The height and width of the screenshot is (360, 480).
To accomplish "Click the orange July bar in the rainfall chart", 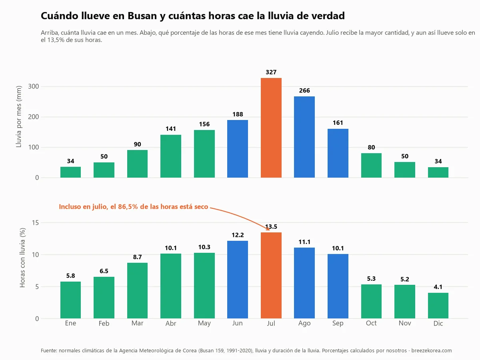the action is tap(271, 128).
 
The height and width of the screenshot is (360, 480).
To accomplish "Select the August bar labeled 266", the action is tap(304, 137).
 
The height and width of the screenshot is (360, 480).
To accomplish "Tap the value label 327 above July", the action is tap(271, 72).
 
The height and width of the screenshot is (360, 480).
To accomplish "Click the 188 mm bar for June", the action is tap(238, 149).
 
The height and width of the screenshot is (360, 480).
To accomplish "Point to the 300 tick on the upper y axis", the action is tap(33, 86).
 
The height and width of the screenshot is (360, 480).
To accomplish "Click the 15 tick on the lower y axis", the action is tap(35, 222).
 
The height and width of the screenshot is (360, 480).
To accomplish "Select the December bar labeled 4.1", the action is tap(438, 306).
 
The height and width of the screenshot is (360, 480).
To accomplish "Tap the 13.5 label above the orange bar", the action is tap(271, 227).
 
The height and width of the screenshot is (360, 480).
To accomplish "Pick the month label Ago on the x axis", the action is tap(304, 323).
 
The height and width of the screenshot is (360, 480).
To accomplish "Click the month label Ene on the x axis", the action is tap(70, 323).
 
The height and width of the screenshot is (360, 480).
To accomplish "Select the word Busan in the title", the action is tap(142, 16).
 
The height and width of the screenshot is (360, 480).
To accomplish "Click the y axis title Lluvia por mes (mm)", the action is tap(19, 116).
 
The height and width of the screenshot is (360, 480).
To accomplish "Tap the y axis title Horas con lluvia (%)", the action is tap(22, 258).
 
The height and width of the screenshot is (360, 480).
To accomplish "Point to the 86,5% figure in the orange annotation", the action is tap(128, 207).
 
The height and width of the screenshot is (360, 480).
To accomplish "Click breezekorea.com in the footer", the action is tap(432, 351).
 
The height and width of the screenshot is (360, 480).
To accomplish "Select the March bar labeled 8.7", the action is tap(137, 290).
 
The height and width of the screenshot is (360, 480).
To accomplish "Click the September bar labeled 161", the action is tap(338, 153).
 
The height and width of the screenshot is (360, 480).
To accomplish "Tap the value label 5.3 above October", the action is tap(371, 279).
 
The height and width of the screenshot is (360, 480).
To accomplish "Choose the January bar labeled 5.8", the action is tap(70, 300).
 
